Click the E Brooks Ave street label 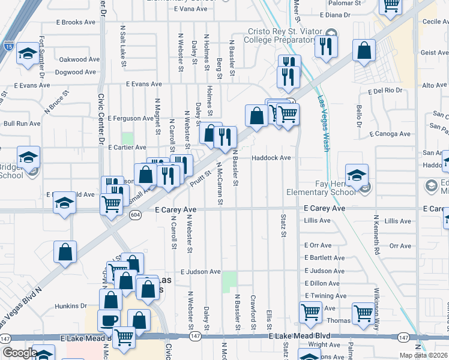coord(75,22)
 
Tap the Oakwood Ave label coord(79,59)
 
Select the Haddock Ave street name coord(271,158)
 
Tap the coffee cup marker coord(109,320)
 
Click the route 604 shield coord(136,214)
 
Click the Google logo coord(19,353)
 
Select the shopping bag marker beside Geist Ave coord(364,52)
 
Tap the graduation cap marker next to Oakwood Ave coord(27,55)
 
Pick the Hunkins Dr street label coord(71,306)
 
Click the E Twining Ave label coord(325,296)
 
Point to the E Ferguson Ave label coord(130,118)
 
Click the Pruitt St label coord(201,178)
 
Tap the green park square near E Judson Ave coord(230,281)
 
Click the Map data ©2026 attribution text coord(424,355)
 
